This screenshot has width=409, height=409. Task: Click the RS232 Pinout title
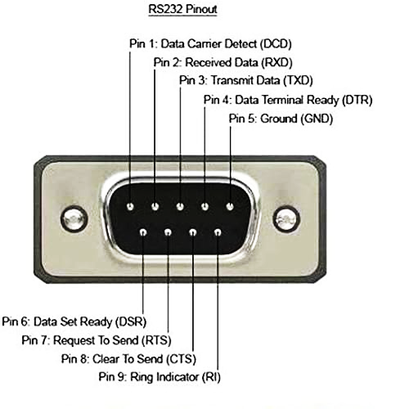coord(182,9)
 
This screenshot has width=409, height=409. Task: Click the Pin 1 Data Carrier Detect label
coord(210,44)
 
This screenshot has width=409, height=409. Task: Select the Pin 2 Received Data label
coord(222,62)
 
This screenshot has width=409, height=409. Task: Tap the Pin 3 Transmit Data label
coord(246,80)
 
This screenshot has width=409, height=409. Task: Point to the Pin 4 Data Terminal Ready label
coord(288,100)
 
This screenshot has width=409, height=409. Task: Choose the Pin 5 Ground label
coord(281,119)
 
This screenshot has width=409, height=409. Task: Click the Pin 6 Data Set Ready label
coord(74,321)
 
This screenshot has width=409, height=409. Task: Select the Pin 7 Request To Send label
coord(97,340)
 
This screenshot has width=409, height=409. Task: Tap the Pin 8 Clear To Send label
coord(128,359)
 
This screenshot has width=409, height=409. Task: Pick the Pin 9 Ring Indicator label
coord(160,377)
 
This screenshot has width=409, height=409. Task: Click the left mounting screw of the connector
coord(74,219)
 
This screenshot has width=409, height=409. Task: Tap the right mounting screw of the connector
coord(286,219)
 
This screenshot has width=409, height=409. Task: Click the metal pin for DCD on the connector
coord(130,206)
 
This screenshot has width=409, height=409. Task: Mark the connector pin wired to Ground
coord(230,206)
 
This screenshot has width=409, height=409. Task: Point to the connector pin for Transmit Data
coord(180,206)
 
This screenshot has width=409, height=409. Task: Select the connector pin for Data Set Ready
coord(143,232)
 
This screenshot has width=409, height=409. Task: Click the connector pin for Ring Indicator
coord(218,232)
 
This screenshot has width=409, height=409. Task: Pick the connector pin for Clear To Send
coord(193,232)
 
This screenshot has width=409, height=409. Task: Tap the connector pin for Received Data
coord(155,206)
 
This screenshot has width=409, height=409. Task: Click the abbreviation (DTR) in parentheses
coord(357,100)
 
